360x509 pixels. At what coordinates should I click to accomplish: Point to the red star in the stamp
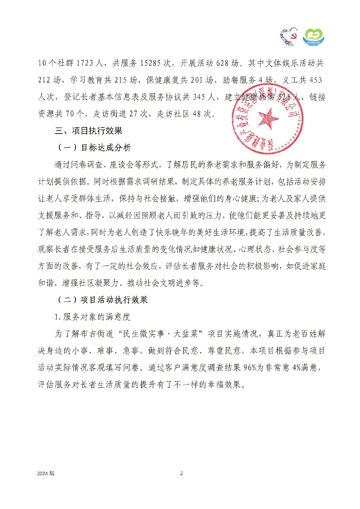(268, 119)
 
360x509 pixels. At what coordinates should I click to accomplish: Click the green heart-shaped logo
(314, 37)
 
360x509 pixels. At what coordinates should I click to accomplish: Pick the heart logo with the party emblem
(289, 37)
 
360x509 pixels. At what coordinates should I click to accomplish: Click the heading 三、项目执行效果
(89, 131)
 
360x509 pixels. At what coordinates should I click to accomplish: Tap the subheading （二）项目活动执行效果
(102, 300)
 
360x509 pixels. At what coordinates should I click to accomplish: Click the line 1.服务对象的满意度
(92, 317)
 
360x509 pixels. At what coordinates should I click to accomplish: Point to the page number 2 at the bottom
(181, 474)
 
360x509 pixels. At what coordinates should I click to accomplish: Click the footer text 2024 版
(46, 474)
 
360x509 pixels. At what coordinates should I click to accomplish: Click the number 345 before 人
(199, 97)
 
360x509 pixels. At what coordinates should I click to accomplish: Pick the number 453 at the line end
(316, 80)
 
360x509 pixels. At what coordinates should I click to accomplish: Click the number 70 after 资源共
(70, 114)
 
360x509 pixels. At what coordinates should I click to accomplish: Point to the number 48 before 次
(197, 114)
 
